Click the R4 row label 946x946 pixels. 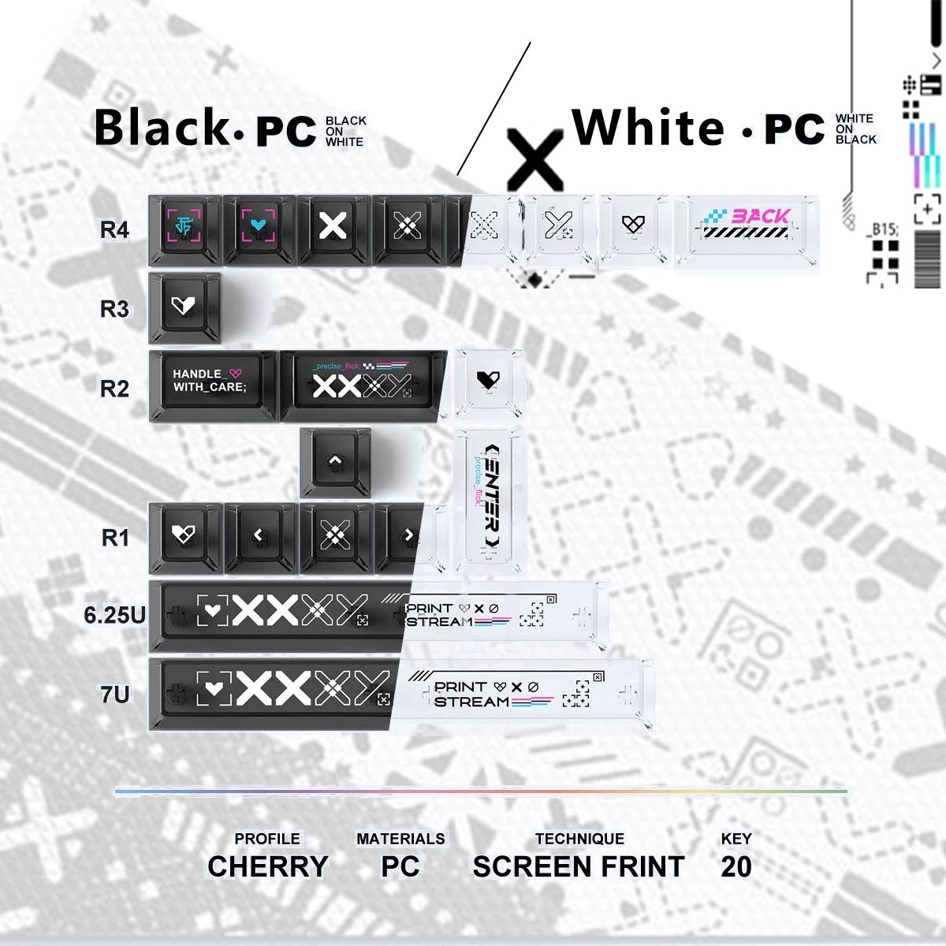coord(114,229)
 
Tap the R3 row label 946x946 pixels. coord(114,309)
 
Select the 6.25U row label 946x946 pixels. coord(114,615)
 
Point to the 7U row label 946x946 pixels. coord(114,695)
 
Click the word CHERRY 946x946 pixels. coord(268,866)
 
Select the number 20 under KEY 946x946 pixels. coord(736,866)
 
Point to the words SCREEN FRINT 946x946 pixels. coord(579,866)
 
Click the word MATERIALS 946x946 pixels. coord(400,839)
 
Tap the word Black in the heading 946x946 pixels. coord(162,128)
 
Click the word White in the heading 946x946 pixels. coord(648,128)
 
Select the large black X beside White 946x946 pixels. coord(535,160)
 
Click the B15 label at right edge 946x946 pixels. coord(884,229)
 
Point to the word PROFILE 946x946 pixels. coord(267,839)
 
